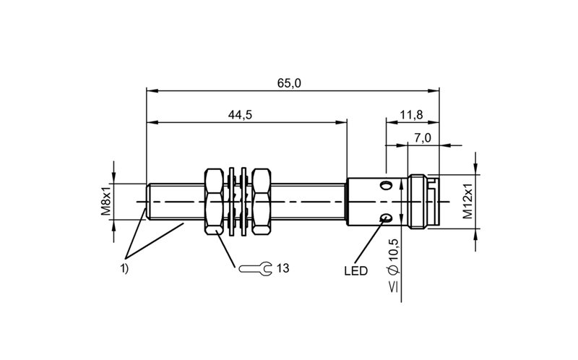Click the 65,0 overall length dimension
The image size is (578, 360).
click(289, 83)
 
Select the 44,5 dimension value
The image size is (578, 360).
click(240, 115)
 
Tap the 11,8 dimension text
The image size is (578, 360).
click(412, 115)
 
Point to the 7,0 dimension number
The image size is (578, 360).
click(422, 138)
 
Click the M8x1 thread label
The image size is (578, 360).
click(106, 202)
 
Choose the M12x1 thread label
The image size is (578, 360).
click(467, 202)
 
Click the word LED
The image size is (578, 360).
click(355, 271)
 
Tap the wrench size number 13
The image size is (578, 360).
click(282, 268)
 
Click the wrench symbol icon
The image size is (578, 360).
click(255, 268)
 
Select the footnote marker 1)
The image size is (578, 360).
click(124, 269)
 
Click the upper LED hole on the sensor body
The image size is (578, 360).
click(386, 185)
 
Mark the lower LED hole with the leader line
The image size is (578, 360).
click(386, 218)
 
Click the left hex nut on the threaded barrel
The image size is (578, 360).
click(214, 202)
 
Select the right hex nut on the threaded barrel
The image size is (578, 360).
click(262, 202)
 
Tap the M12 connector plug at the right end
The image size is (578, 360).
click(424, 202)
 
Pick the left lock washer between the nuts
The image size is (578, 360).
click(232, 202)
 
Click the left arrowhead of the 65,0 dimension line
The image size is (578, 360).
click(152, 91)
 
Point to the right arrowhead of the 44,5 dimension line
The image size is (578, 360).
click(342, 122)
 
